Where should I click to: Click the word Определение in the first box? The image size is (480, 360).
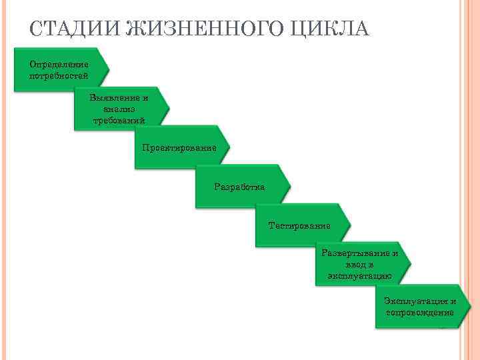tap(59, 65)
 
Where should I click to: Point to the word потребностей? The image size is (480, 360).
tap(59, 75)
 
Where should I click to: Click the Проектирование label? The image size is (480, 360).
tap(179, 147)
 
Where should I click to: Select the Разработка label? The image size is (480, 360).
tap(239, 187)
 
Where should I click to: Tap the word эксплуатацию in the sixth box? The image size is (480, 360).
tap(360, 275)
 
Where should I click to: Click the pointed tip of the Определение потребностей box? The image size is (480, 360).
tap(109, 69)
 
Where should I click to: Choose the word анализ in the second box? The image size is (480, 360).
tap(119, 109)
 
